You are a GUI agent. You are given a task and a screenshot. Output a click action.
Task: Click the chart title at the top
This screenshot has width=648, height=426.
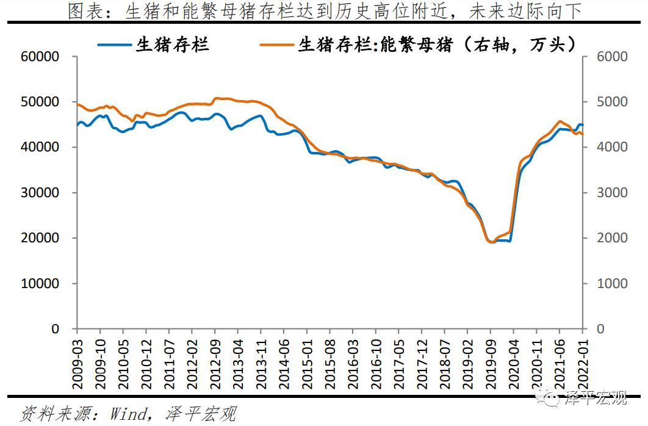[324, 12]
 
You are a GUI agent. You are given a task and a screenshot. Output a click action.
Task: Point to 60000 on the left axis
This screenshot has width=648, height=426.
[41, 57]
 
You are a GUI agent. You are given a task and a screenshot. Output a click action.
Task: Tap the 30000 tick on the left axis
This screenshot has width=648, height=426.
[41, 193]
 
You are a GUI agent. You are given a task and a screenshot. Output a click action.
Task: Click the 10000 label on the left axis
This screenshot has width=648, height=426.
[41, 284]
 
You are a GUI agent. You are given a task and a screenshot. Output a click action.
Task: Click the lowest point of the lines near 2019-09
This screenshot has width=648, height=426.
[491, 242]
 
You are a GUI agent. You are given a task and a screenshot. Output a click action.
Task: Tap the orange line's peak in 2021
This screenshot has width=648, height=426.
[560, 121]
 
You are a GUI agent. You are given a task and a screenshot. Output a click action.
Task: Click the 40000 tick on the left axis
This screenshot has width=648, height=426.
[41, 147]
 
